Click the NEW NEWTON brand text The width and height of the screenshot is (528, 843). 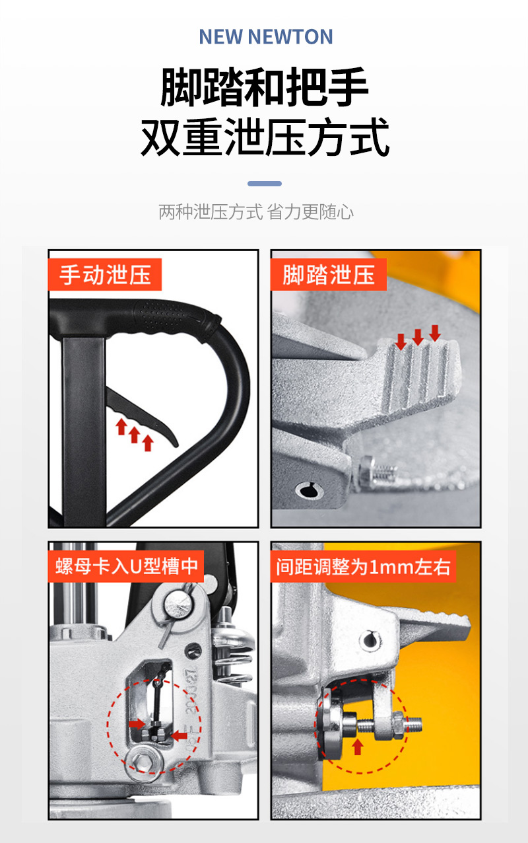point(266,36)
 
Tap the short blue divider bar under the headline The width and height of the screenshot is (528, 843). point(265,184)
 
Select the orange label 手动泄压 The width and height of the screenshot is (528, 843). point(105,274)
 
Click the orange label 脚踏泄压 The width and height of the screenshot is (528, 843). point(329,274)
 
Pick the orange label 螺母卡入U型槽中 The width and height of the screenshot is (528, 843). point(126,566)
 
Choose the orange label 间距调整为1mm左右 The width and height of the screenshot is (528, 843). point(363,566)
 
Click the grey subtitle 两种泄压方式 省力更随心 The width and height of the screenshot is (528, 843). point(256,212)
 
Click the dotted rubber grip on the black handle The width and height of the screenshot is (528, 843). point(166,315)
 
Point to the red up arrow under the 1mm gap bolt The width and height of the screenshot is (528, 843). point(358,747)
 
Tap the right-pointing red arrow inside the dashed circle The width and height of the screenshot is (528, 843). point(137,723)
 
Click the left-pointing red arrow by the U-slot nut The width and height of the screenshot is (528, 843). point(180,736)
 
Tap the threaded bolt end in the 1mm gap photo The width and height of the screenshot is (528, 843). point(413,725)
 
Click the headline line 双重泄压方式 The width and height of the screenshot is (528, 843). point(265,137)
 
